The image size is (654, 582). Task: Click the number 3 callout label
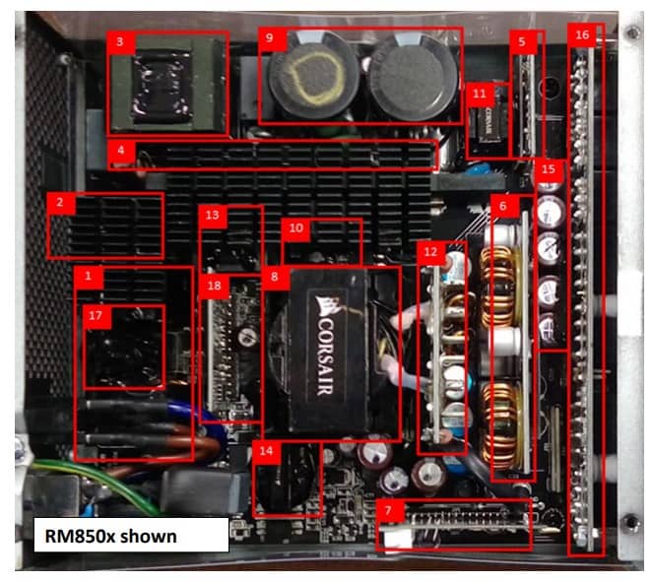coord(119,42)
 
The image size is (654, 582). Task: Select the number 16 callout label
coord(582,35)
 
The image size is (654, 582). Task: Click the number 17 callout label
coord(96,315)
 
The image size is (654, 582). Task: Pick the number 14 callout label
coord(266,450)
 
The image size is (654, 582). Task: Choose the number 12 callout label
coord(429,252)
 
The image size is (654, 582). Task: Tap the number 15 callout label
coord(549,167)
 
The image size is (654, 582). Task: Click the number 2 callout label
coord(60,203)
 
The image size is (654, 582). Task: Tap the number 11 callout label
coord(480,94)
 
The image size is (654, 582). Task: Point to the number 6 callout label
coord(503,207)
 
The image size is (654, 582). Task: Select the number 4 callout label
coord(119,152)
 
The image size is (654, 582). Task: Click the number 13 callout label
coord(213,216)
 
